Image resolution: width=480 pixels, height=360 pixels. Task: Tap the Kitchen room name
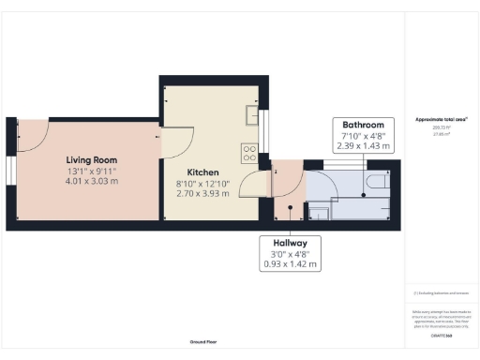pos(202,173)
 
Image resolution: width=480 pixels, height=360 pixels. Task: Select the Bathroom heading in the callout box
pos(364,125)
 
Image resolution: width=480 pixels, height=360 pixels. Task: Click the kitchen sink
pos(252,114)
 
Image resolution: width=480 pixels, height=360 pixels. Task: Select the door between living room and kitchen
pos(175,142)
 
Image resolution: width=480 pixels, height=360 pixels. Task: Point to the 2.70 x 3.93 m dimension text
pos(202,194)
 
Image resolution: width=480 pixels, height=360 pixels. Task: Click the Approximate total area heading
pos(440,120)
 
